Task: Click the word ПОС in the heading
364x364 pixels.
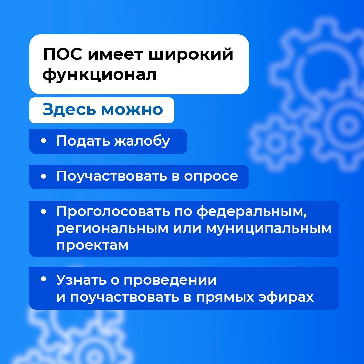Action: pos(62,54)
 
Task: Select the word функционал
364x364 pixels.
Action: pos(99,75)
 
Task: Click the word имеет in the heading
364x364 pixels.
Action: pos(115,55)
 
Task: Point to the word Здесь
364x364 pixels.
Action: pos(69,109)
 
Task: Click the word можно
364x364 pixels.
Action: pos(132,110)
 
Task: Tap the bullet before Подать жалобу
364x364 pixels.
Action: pos(43,141)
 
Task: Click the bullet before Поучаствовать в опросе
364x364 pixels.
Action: pos(43,176)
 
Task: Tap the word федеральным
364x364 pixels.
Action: pos(252,212)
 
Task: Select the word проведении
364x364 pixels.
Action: pos(170,280)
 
